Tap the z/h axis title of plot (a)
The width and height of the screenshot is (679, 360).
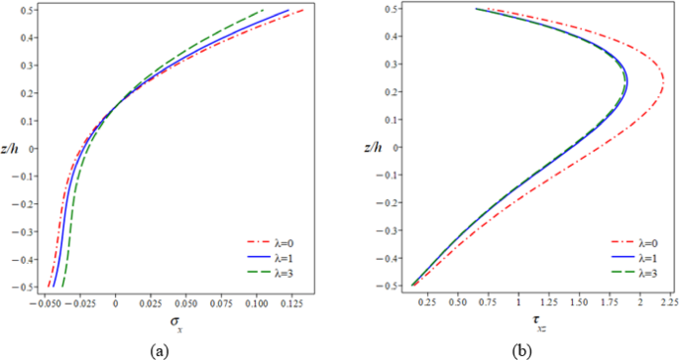pos(11,148)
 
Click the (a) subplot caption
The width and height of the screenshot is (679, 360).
pos(158,350)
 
